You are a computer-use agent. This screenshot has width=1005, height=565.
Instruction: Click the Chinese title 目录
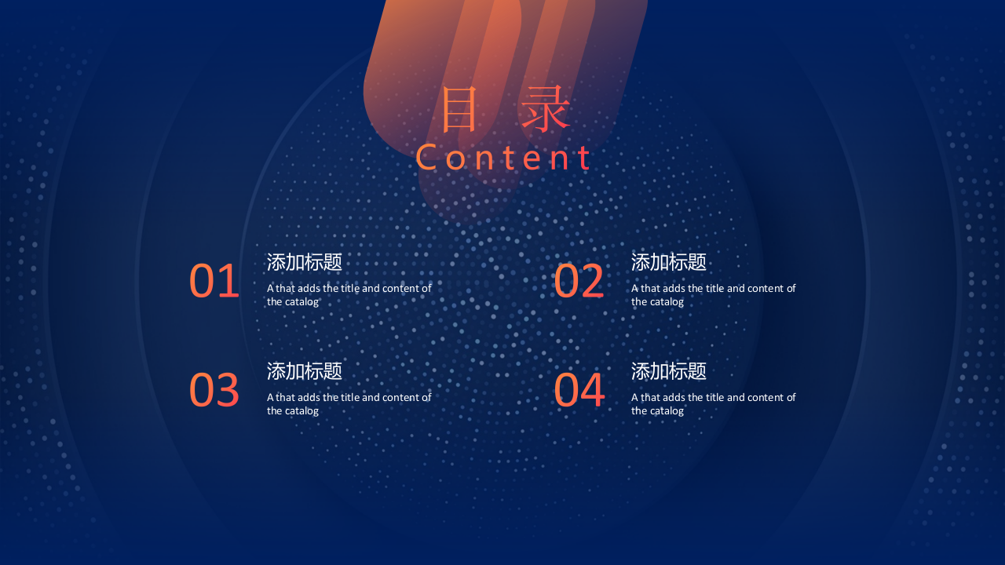coord(505,111)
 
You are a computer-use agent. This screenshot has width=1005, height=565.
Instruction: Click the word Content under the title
coord(503,158)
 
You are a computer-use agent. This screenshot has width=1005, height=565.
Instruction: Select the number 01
coord(214,282)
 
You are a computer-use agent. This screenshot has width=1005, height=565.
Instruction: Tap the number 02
coord(579,282)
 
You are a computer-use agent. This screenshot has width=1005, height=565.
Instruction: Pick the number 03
coord(214,390)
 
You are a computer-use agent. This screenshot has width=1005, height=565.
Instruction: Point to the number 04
coord(579,390)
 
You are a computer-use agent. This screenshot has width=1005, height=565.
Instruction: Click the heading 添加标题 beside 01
coord(305,262)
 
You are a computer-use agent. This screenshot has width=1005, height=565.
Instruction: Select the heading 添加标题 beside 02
coord(669,262)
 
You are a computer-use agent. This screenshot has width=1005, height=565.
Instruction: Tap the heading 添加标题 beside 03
coord(305,371)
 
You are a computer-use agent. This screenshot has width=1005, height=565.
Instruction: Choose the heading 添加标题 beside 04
coord(669,371)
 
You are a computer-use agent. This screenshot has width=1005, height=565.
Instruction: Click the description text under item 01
coord(349,295)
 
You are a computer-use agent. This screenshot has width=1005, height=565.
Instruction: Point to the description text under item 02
coord(713,295)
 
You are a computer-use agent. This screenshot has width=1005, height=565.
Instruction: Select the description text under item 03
coord(349,404)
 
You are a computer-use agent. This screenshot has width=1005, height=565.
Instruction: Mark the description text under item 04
coord(713,404)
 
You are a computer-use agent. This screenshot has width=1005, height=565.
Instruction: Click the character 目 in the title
coord(459,111)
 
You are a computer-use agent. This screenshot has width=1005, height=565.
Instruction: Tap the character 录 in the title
coord(546,111)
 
